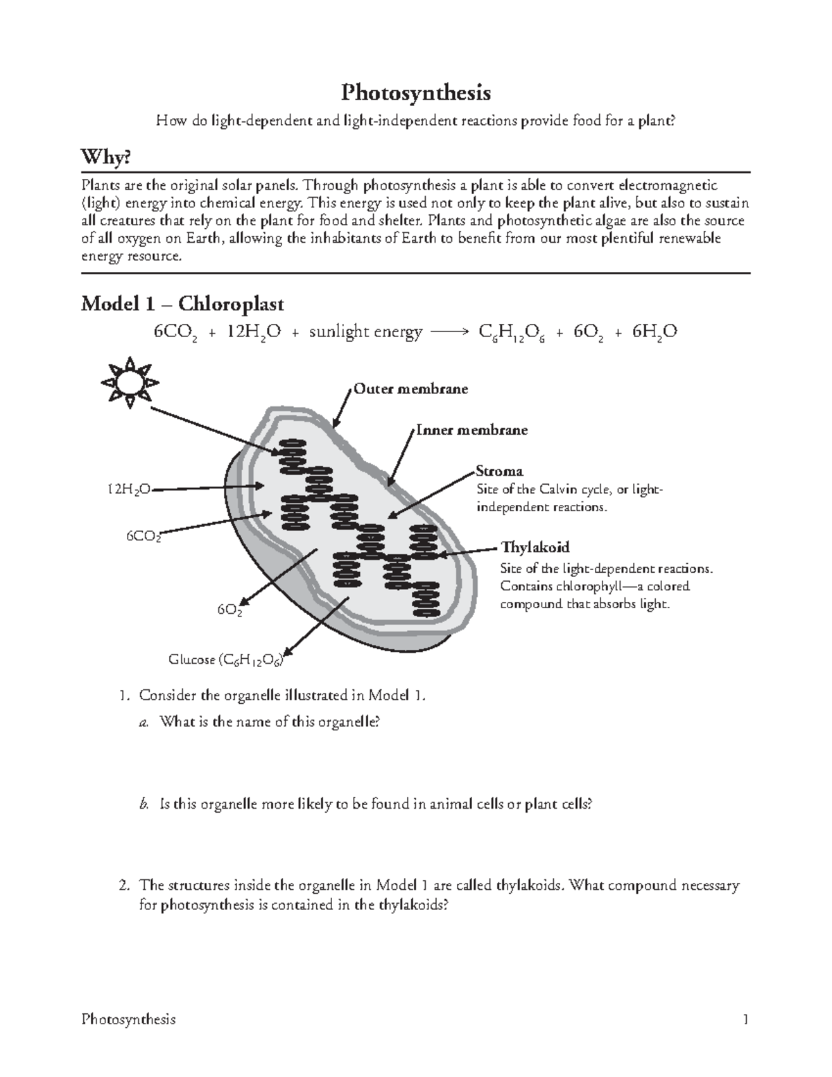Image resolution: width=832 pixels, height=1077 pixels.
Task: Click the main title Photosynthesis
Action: (415, 92)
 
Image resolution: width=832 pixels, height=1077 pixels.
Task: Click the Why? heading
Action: (105, 158)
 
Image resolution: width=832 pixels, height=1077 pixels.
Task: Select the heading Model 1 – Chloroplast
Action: (182, 304)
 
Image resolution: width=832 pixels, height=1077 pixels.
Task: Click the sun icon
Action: (130, 381)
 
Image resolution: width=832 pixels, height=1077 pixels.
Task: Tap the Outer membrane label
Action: (410, 389)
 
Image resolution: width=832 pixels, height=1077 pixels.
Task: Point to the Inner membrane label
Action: (471, 430)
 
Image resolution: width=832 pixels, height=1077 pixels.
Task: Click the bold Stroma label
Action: (499, 472)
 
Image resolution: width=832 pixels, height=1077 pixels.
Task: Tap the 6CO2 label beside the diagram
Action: (144, 536)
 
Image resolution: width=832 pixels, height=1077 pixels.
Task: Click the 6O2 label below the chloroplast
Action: (229, 610)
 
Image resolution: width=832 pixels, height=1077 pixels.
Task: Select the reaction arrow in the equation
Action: (450, 332)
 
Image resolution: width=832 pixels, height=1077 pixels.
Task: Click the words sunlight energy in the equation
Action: (365, 332)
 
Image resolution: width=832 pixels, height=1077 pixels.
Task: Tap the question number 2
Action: (123, 886)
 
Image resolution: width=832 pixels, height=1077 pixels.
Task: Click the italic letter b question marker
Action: (144, 804)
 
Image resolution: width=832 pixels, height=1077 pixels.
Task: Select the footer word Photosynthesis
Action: (128, 1019)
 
